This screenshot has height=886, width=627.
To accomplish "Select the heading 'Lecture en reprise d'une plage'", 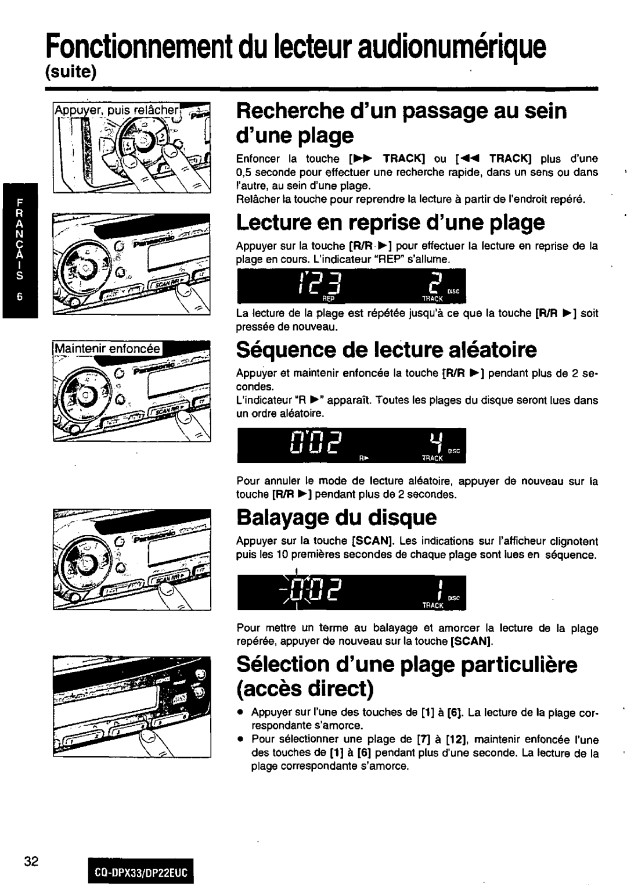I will point(390,222).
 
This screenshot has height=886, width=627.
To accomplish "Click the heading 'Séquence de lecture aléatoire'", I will point(386,350).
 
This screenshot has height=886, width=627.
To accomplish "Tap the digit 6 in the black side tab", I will point(20,297).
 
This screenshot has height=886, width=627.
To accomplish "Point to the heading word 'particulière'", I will point(514,665).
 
